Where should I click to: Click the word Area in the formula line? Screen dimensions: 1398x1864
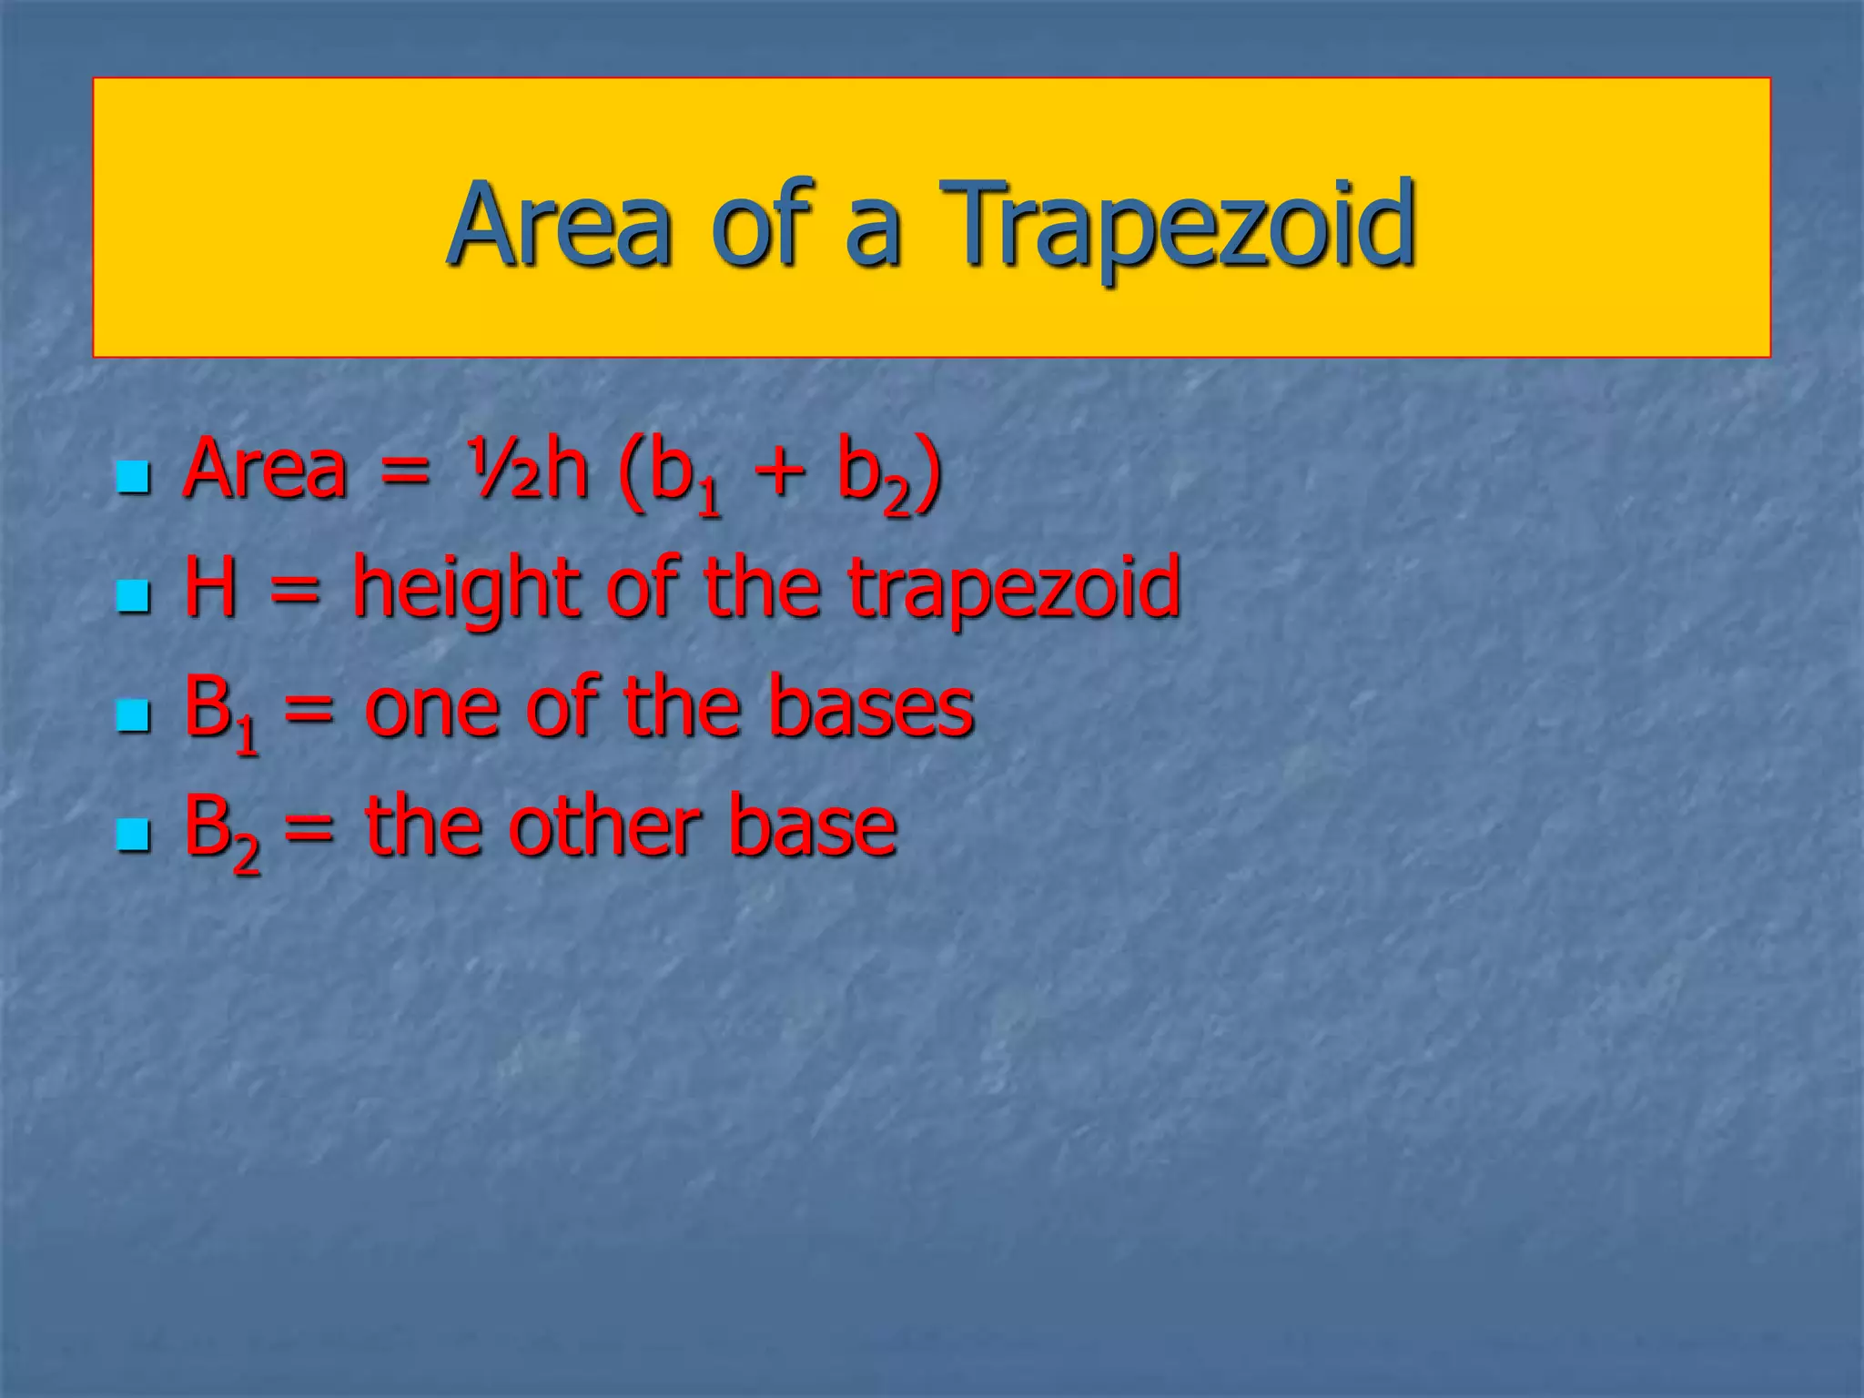tap(265, 470)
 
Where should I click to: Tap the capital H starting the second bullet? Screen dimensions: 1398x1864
tap(210, 587)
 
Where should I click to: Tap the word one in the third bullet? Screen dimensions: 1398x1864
tap(431, 709)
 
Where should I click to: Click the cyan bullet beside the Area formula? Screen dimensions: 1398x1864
tap(133, 476)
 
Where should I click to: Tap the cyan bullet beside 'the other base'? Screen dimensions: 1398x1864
tap(133, 834)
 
